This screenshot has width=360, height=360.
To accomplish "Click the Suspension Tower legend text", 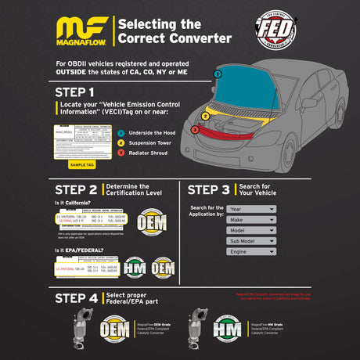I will (x=149, y=142).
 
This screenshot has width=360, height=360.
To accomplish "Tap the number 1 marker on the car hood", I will (x=218, y=74).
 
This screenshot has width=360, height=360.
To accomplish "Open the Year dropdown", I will (x=251, y=209).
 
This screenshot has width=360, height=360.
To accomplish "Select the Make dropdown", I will (x=251, y=220).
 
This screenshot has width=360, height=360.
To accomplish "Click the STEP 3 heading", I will (x=209, y=189).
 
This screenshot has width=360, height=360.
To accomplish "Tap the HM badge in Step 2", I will (x=135, y=268).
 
